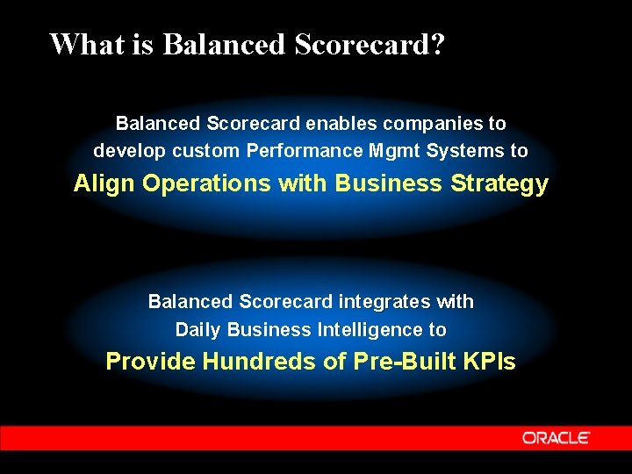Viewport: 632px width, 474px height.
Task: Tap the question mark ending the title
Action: (436, 43)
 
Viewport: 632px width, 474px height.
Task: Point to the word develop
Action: (130, 151)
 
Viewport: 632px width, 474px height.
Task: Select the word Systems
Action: (465, 150)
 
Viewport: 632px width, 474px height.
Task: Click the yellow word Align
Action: (104, 183)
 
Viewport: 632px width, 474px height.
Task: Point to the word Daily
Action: (198, 330)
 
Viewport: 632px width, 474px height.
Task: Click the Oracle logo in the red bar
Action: (557, 437)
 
